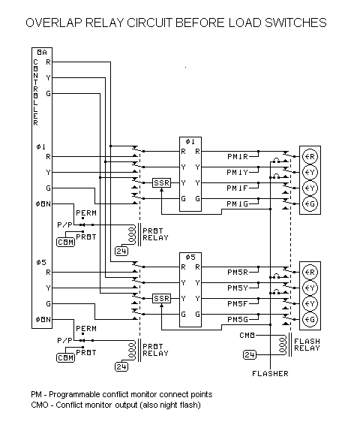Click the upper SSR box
pyautogui.click(x=161, y=182)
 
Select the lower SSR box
pyautogui.click(x=161, y=298)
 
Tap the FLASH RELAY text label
pyautogui.click(x=308, y=345)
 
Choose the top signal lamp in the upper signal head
pyautogui.click(x=310, y=157)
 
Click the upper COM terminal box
pyautogui.click(x=65, y=240)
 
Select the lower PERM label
pyautogui.click(x=85, y=328)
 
